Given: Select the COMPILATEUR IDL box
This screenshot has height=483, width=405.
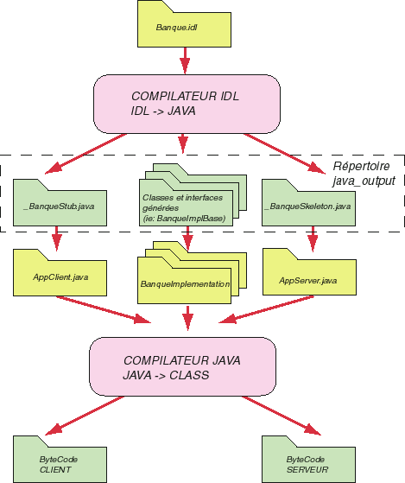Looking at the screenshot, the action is (x=187, y=104).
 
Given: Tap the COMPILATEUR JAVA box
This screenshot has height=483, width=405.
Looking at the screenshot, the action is (x=182, y=366).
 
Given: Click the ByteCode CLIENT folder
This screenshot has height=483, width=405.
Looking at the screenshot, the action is (x=60, y=460).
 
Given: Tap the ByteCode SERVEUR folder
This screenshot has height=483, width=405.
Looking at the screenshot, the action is (x=308, y=460).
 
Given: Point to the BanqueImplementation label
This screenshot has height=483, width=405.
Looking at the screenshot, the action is (x=185, y=283).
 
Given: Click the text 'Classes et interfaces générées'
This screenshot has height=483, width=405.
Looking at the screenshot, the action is (x=182, y=202).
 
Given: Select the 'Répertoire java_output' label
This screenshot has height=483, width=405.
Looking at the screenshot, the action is (x=364, y=174).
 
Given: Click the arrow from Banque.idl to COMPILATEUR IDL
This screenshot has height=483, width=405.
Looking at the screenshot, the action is (x=185, y=60).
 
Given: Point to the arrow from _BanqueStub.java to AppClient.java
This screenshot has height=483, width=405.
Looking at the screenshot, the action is (x=57, y=238).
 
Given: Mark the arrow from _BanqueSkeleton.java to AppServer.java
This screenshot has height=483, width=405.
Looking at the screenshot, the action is (x=313, y=239).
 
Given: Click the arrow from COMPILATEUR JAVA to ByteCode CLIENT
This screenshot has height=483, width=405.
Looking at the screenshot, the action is (x=85, y=416).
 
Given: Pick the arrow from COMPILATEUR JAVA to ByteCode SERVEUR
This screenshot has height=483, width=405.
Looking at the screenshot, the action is (x=282, y=416).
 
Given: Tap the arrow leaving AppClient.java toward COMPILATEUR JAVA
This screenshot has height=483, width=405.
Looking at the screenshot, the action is (x=104, y=310).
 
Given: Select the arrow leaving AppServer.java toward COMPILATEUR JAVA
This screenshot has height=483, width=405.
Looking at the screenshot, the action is (x=266, y=309).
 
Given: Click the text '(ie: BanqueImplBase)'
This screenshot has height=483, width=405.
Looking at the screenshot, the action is (x=184, y=219).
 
